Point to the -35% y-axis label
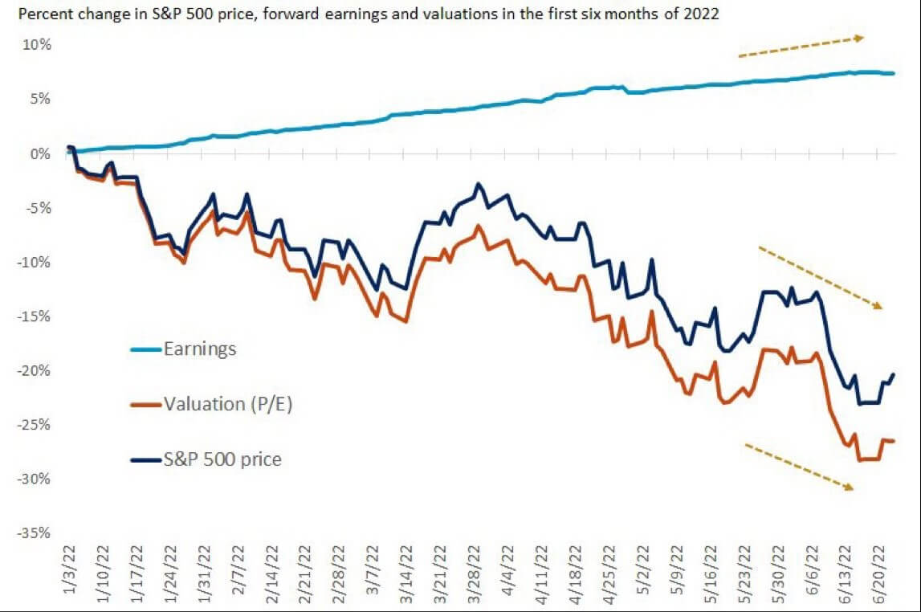pos(35,533)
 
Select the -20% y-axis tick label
pos(35,370)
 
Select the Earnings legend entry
pos(200,349)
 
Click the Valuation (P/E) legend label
pos(228,404)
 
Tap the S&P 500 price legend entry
pos(222,459)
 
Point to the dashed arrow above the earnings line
pos(801,46)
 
